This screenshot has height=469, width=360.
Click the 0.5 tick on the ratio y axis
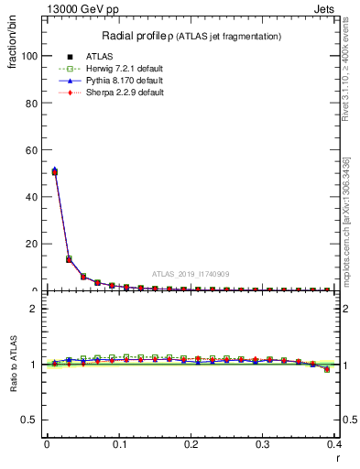[27, 420]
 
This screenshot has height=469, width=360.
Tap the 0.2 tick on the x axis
[191, 444]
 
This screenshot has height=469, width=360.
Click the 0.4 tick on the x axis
[335, 444]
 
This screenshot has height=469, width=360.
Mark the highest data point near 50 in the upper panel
[55, 171]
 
